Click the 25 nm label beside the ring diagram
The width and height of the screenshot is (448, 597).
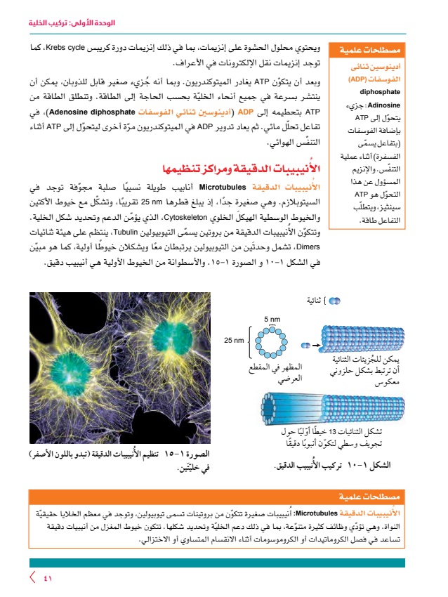coord(234,341)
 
